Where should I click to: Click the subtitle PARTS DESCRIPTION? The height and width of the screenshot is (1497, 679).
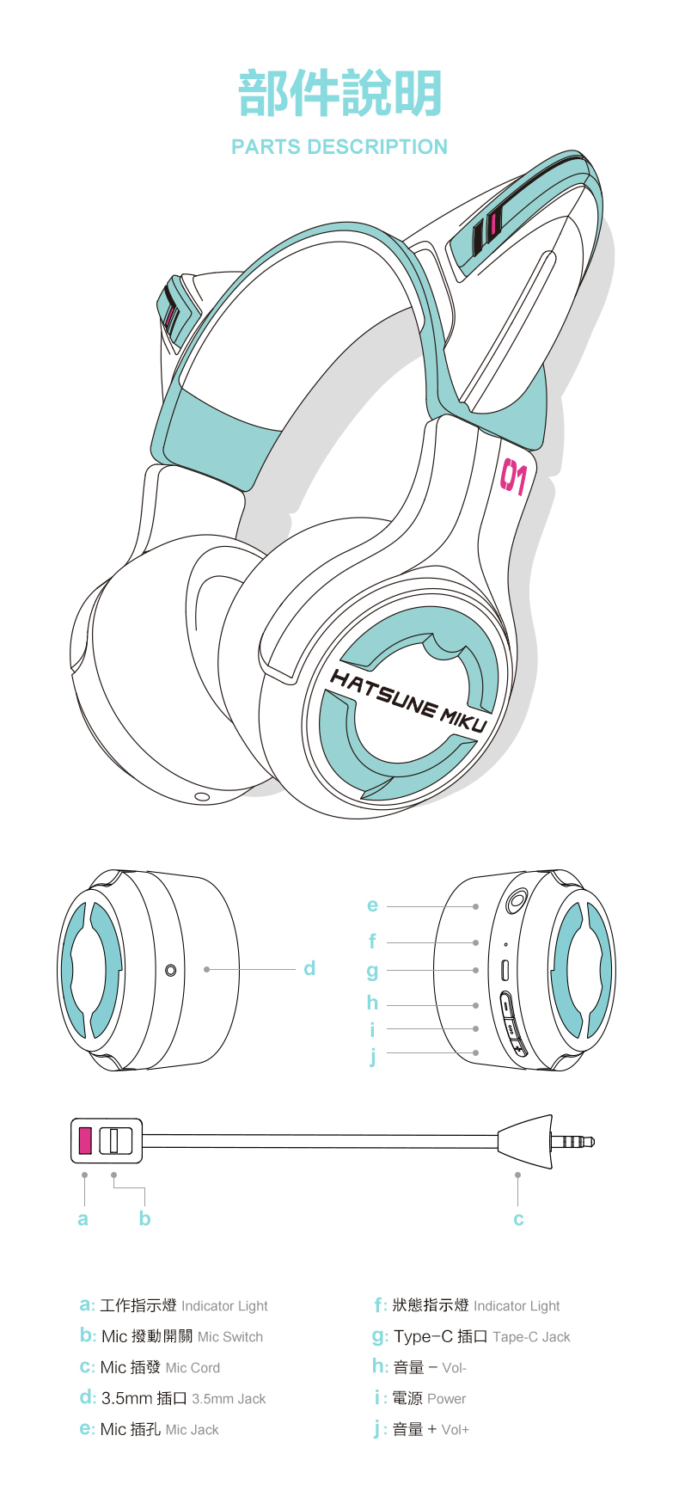pos(339,147)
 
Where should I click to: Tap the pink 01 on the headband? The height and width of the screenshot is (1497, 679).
pos(513,477)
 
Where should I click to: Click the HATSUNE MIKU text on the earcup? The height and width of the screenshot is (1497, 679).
pos(408,702)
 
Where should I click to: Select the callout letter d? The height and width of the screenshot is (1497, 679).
pos(309,968)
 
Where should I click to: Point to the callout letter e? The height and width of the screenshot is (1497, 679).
pos(372,905)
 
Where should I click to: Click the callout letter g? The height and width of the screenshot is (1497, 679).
pos(372,971)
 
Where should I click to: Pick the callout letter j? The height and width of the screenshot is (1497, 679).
pos(373,1055)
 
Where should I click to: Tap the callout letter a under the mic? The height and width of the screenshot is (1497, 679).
pos(83,1218)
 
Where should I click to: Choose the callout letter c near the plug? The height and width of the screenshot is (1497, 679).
pos(518,1219)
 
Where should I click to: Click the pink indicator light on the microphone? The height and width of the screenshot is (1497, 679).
pos(85,1140)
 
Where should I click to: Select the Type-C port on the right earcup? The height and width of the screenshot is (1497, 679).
pos(505,970)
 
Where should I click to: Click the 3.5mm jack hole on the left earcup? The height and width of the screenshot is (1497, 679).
pos(170,970)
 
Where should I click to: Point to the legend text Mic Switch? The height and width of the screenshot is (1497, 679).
pos(230,1337)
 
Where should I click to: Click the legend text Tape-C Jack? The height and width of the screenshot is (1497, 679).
pos(531,1337)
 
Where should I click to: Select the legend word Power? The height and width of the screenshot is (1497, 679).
pos(446,1399)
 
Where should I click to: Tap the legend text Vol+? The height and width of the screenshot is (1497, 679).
pos(455,1430)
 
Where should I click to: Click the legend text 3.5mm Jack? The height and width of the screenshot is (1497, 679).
pos(229,1399)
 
